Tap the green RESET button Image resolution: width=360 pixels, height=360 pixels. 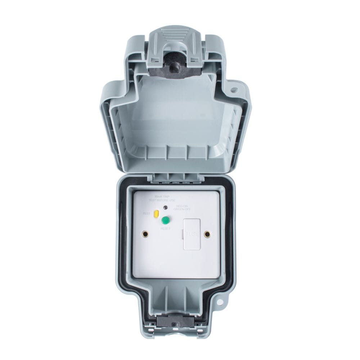pos(166,220)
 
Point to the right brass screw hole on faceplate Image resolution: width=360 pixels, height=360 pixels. pos(207,234)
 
